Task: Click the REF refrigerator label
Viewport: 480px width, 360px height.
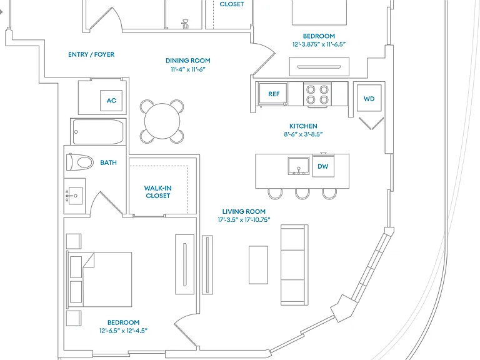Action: [274, 94]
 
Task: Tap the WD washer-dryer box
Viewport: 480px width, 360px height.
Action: [369, 98]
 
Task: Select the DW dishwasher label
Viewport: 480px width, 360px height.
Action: [323, 166]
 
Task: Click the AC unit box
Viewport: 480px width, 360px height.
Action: [111, 101]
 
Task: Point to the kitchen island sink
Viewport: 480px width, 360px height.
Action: [299, 166]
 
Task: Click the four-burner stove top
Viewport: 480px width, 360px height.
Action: [317, 94]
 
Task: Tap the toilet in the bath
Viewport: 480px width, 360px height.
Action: [80, 162]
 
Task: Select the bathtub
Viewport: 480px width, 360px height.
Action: [98, 132]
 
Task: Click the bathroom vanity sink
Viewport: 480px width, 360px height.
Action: [74, 196]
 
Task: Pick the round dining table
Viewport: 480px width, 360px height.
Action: [162, 121]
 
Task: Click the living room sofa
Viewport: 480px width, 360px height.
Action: [294, 265]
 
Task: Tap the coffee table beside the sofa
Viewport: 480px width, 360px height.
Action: [258, 265]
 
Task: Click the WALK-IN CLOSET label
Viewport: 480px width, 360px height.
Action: [158, 192]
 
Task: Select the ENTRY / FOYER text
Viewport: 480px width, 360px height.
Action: [91, 54]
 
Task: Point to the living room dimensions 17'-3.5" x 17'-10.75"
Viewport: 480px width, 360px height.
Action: [244, 220]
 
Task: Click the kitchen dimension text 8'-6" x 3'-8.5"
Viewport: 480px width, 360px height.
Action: [303, 134]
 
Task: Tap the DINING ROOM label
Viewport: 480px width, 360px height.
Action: [188, 61]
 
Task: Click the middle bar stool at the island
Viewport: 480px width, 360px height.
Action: [302, 194]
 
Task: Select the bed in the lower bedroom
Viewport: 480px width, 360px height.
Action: [99, 279]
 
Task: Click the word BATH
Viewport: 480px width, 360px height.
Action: [108, 162]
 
